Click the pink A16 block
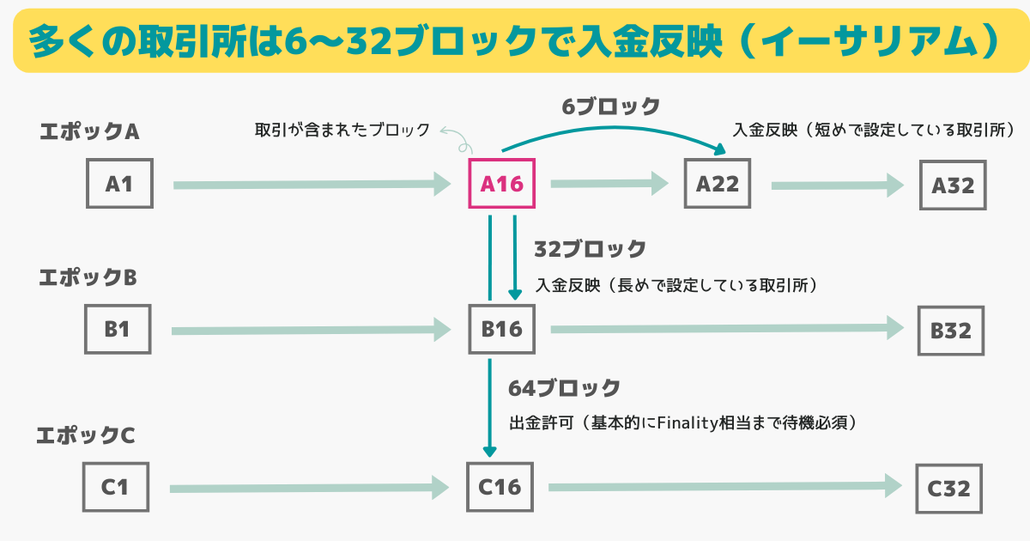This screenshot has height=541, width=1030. [502, 183]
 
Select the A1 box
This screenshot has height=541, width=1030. [119, 183]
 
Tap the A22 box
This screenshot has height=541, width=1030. [718, 183]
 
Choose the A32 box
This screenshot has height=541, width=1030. [952, 185]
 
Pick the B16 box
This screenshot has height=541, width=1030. [502, 329]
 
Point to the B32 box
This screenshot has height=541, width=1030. [951, 331]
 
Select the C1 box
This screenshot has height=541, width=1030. [115, 487]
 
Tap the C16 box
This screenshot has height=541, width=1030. [500, 487]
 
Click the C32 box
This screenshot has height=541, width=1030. [949, 489]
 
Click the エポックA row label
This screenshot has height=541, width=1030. [89, 132]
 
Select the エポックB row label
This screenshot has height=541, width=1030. [88, 278]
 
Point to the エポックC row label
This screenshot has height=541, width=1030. [86, 435]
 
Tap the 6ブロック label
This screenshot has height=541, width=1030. [611, 106]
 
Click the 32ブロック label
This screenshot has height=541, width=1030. [590, 249]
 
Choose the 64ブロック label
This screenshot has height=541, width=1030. [564, 388]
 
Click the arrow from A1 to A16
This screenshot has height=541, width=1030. [312, 184]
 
